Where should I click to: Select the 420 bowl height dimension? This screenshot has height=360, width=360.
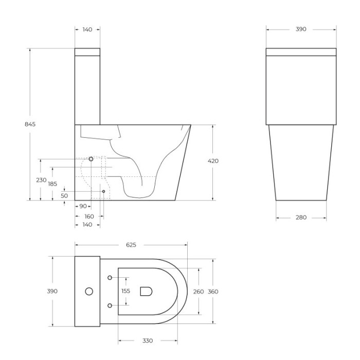(213, 161)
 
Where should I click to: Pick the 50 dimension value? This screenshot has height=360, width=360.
(64, 196)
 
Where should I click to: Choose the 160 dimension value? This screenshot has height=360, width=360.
(89, 217)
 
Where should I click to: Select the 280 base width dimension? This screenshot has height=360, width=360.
(301, 218)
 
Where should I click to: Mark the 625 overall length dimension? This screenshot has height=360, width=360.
(131, 245)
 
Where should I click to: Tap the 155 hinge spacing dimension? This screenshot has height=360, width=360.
(126, 291)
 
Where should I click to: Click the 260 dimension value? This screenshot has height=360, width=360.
(198, 292)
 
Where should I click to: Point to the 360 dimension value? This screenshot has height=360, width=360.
(213, 292)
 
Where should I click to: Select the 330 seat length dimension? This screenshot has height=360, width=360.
(147, 341)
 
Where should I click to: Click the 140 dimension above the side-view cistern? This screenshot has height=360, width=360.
(87, 30)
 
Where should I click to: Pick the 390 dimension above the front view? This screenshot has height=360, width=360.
(301, 29)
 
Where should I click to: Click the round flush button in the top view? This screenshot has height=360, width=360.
(89, 292)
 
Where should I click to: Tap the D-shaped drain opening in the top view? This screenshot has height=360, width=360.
(147, 292)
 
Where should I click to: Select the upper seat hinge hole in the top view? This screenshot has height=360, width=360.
(110, 278)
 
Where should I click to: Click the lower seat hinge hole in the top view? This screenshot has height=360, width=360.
(110, 306)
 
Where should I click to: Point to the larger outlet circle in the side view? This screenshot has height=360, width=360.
(91, 159)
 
